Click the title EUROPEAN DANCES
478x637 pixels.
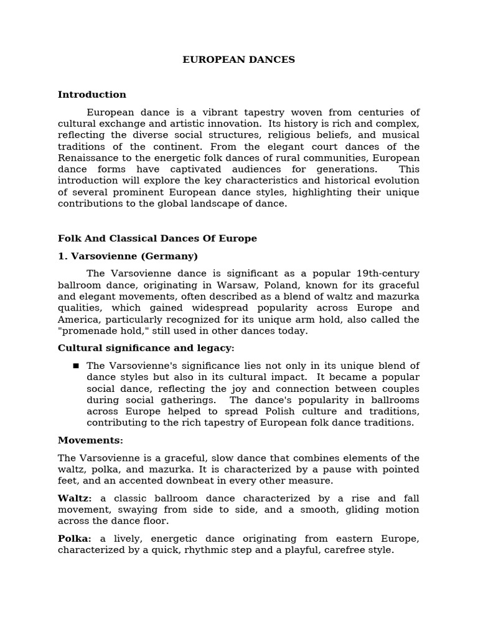pyautogui.click(x=238, y=60)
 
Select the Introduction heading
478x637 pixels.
pyautogui.click(x=92, y=95)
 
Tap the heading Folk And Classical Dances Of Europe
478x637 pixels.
pyautogui.click(x=157, y=238)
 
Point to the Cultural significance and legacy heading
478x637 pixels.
pyautogui.click(x=146, y=348)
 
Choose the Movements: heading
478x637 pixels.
pyautogui.click(x=90, y=440)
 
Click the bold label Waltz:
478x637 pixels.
pyautogui.click(x=75, y=498)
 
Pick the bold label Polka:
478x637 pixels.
pyautogui.click(x=74, y=538)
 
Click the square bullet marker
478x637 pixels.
pyautogui.click(x=76, y=366)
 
